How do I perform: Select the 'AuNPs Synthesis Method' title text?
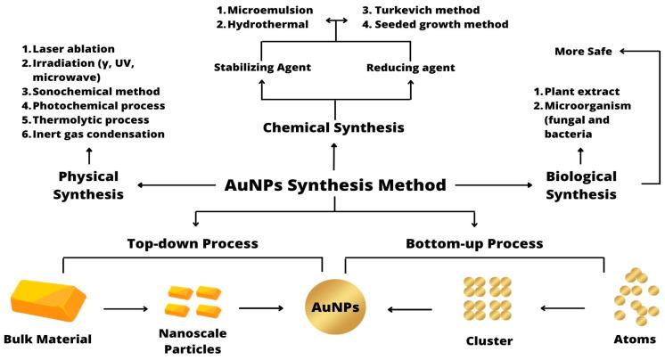[x=334, y=186]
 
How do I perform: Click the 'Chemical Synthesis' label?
[x=334, y=128]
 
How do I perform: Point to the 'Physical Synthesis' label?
[x=88, y=184]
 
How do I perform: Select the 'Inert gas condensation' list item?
[x=98, y=134]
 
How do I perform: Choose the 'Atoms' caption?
[x=636, y=340]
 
